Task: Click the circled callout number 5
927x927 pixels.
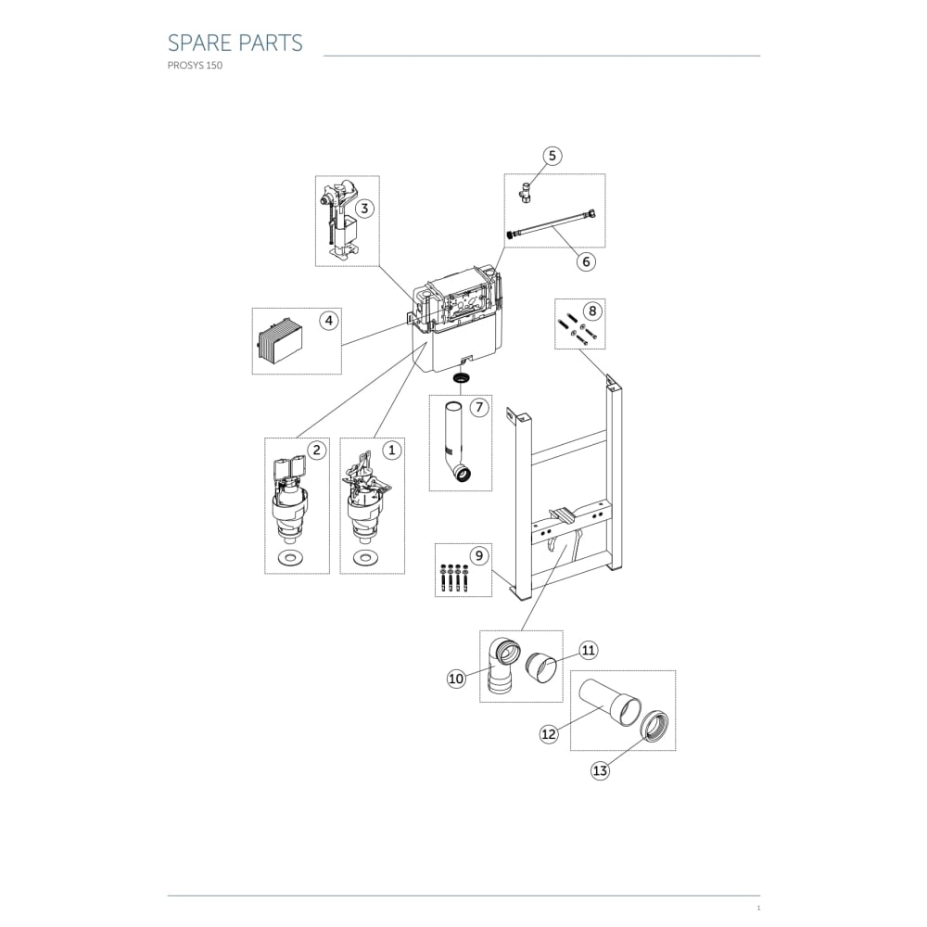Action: tap(552, 156)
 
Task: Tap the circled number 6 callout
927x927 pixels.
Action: tap(586, 261)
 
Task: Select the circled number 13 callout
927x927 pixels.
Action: tap(600, 770)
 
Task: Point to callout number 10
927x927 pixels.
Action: tap(456, 679)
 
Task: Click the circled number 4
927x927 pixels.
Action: tap(329, 321)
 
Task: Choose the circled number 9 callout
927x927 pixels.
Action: tap(479, 555)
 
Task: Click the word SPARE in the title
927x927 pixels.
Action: tap(199, 43)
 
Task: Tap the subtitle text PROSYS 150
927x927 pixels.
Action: tap(195, 66)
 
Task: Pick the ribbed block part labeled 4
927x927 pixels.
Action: tap(278, 342)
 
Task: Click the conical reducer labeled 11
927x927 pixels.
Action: tap(540, 667)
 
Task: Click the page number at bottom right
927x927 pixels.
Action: tap(758, 908)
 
